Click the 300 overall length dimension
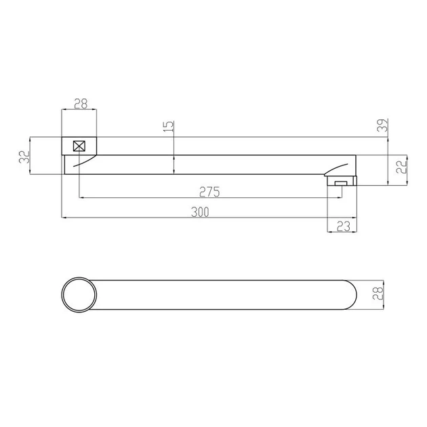200,212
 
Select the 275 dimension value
209,192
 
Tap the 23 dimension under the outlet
344,226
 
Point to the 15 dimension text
169,126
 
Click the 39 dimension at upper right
383,125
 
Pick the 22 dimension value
401,166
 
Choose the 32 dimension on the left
24,157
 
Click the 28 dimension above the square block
81,104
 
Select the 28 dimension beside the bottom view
378,293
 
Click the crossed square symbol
79,146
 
